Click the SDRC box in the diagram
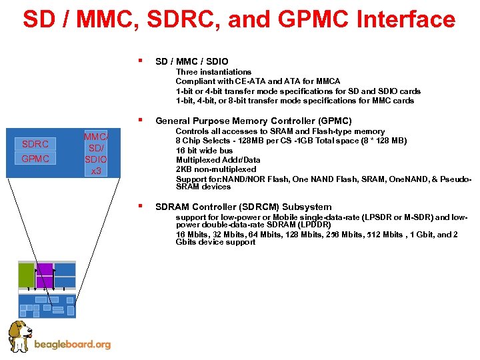click(x=35, y=144)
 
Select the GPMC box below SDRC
click(x=35, y=159)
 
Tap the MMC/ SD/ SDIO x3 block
click(x=97, y=154)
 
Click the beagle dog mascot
click(x=19, y=336)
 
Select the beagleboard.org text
click(x=72, y=345)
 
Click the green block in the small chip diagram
click(x=26, y=275)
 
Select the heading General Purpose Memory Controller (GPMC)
click(x=253, y=121)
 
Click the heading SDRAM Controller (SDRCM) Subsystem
click(x=243, y=207)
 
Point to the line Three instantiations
click(x=213, y=72)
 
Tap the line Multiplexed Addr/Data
click(x=218, y=160)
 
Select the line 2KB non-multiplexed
click(x=215, y=169)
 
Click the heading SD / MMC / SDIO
click(x=191, y=61)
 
